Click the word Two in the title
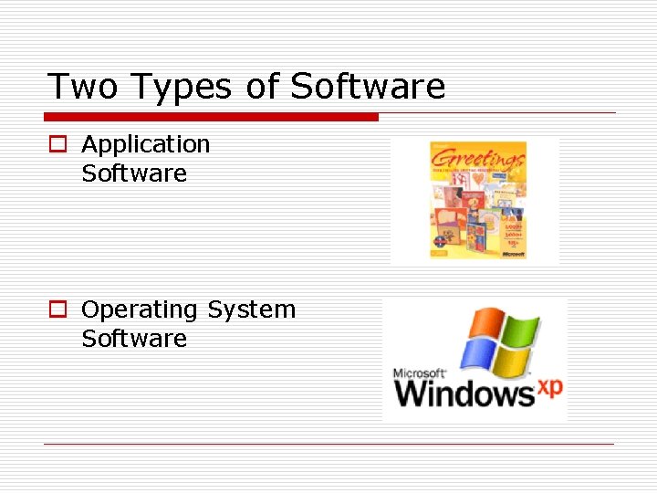[83, 87]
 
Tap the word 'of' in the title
[263, 87]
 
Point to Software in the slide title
[368, 87]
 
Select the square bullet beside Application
[57, 145]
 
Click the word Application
[146, 145]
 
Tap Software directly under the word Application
[134, 173]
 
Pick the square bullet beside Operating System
[57, 310]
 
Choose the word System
[251, 310]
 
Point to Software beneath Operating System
[134, 339]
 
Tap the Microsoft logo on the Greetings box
[514, 256]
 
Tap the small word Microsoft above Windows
[419, 373]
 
